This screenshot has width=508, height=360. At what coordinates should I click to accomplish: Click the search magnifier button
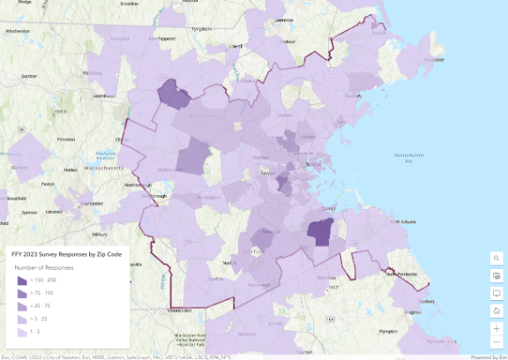(x=497, y=258)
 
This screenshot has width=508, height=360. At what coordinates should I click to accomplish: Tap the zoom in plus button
(x=497, y=328)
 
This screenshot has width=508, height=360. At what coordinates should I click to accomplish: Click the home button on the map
(x=497, y=311)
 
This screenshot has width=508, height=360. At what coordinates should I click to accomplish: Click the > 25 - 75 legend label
(x=41, y=305)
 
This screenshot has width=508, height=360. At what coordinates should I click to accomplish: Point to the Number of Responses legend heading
(x=43, y=266)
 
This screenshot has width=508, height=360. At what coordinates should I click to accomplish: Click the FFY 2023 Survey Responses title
(x=66, y=252)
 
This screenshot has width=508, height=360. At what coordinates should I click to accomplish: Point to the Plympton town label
(x=388, y=331)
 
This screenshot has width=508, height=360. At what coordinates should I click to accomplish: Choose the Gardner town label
(x=29, y=76)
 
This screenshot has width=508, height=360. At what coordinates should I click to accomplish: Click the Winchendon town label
(x=18, y=31)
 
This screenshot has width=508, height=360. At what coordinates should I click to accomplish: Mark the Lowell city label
(x=235, y=44)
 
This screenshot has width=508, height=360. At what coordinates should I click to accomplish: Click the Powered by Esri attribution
(x=488, y=356)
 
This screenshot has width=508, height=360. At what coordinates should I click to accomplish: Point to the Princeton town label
(x=65, y=139)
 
